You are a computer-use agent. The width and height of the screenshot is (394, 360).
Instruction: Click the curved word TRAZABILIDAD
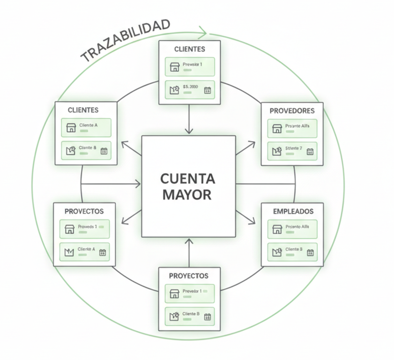[126, 40]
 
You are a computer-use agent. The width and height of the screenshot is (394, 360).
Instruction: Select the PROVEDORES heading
[292, 111]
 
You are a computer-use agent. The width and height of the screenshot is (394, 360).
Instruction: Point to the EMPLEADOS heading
[293, 211]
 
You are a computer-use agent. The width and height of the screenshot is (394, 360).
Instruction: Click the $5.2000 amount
[190, 87]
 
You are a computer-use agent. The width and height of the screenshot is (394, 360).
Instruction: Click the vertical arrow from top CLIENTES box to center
[189, 119]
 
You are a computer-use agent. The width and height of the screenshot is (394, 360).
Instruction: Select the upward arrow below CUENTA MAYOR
[189, 252]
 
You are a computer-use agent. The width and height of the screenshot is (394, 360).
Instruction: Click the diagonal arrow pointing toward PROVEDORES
[245, 148]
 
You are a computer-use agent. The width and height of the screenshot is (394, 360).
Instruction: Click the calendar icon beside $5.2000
[207, 90]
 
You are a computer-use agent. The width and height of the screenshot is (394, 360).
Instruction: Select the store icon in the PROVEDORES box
[277, 129]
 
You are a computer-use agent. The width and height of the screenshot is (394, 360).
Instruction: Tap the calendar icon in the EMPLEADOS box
[310, 252]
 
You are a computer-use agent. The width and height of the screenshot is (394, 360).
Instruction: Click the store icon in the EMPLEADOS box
[277, 229]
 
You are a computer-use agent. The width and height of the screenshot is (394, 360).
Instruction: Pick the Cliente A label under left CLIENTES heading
[88, 125]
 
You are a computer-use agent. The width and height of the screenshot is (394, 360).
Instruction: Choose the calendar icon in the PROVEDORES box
[310, 151]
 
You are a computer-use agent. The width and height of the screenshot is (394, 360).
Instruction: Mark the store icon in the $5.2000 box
[174, 90]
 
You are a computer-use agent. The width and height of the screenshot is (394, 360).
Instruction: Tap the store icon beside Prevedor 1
[174, 294]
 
